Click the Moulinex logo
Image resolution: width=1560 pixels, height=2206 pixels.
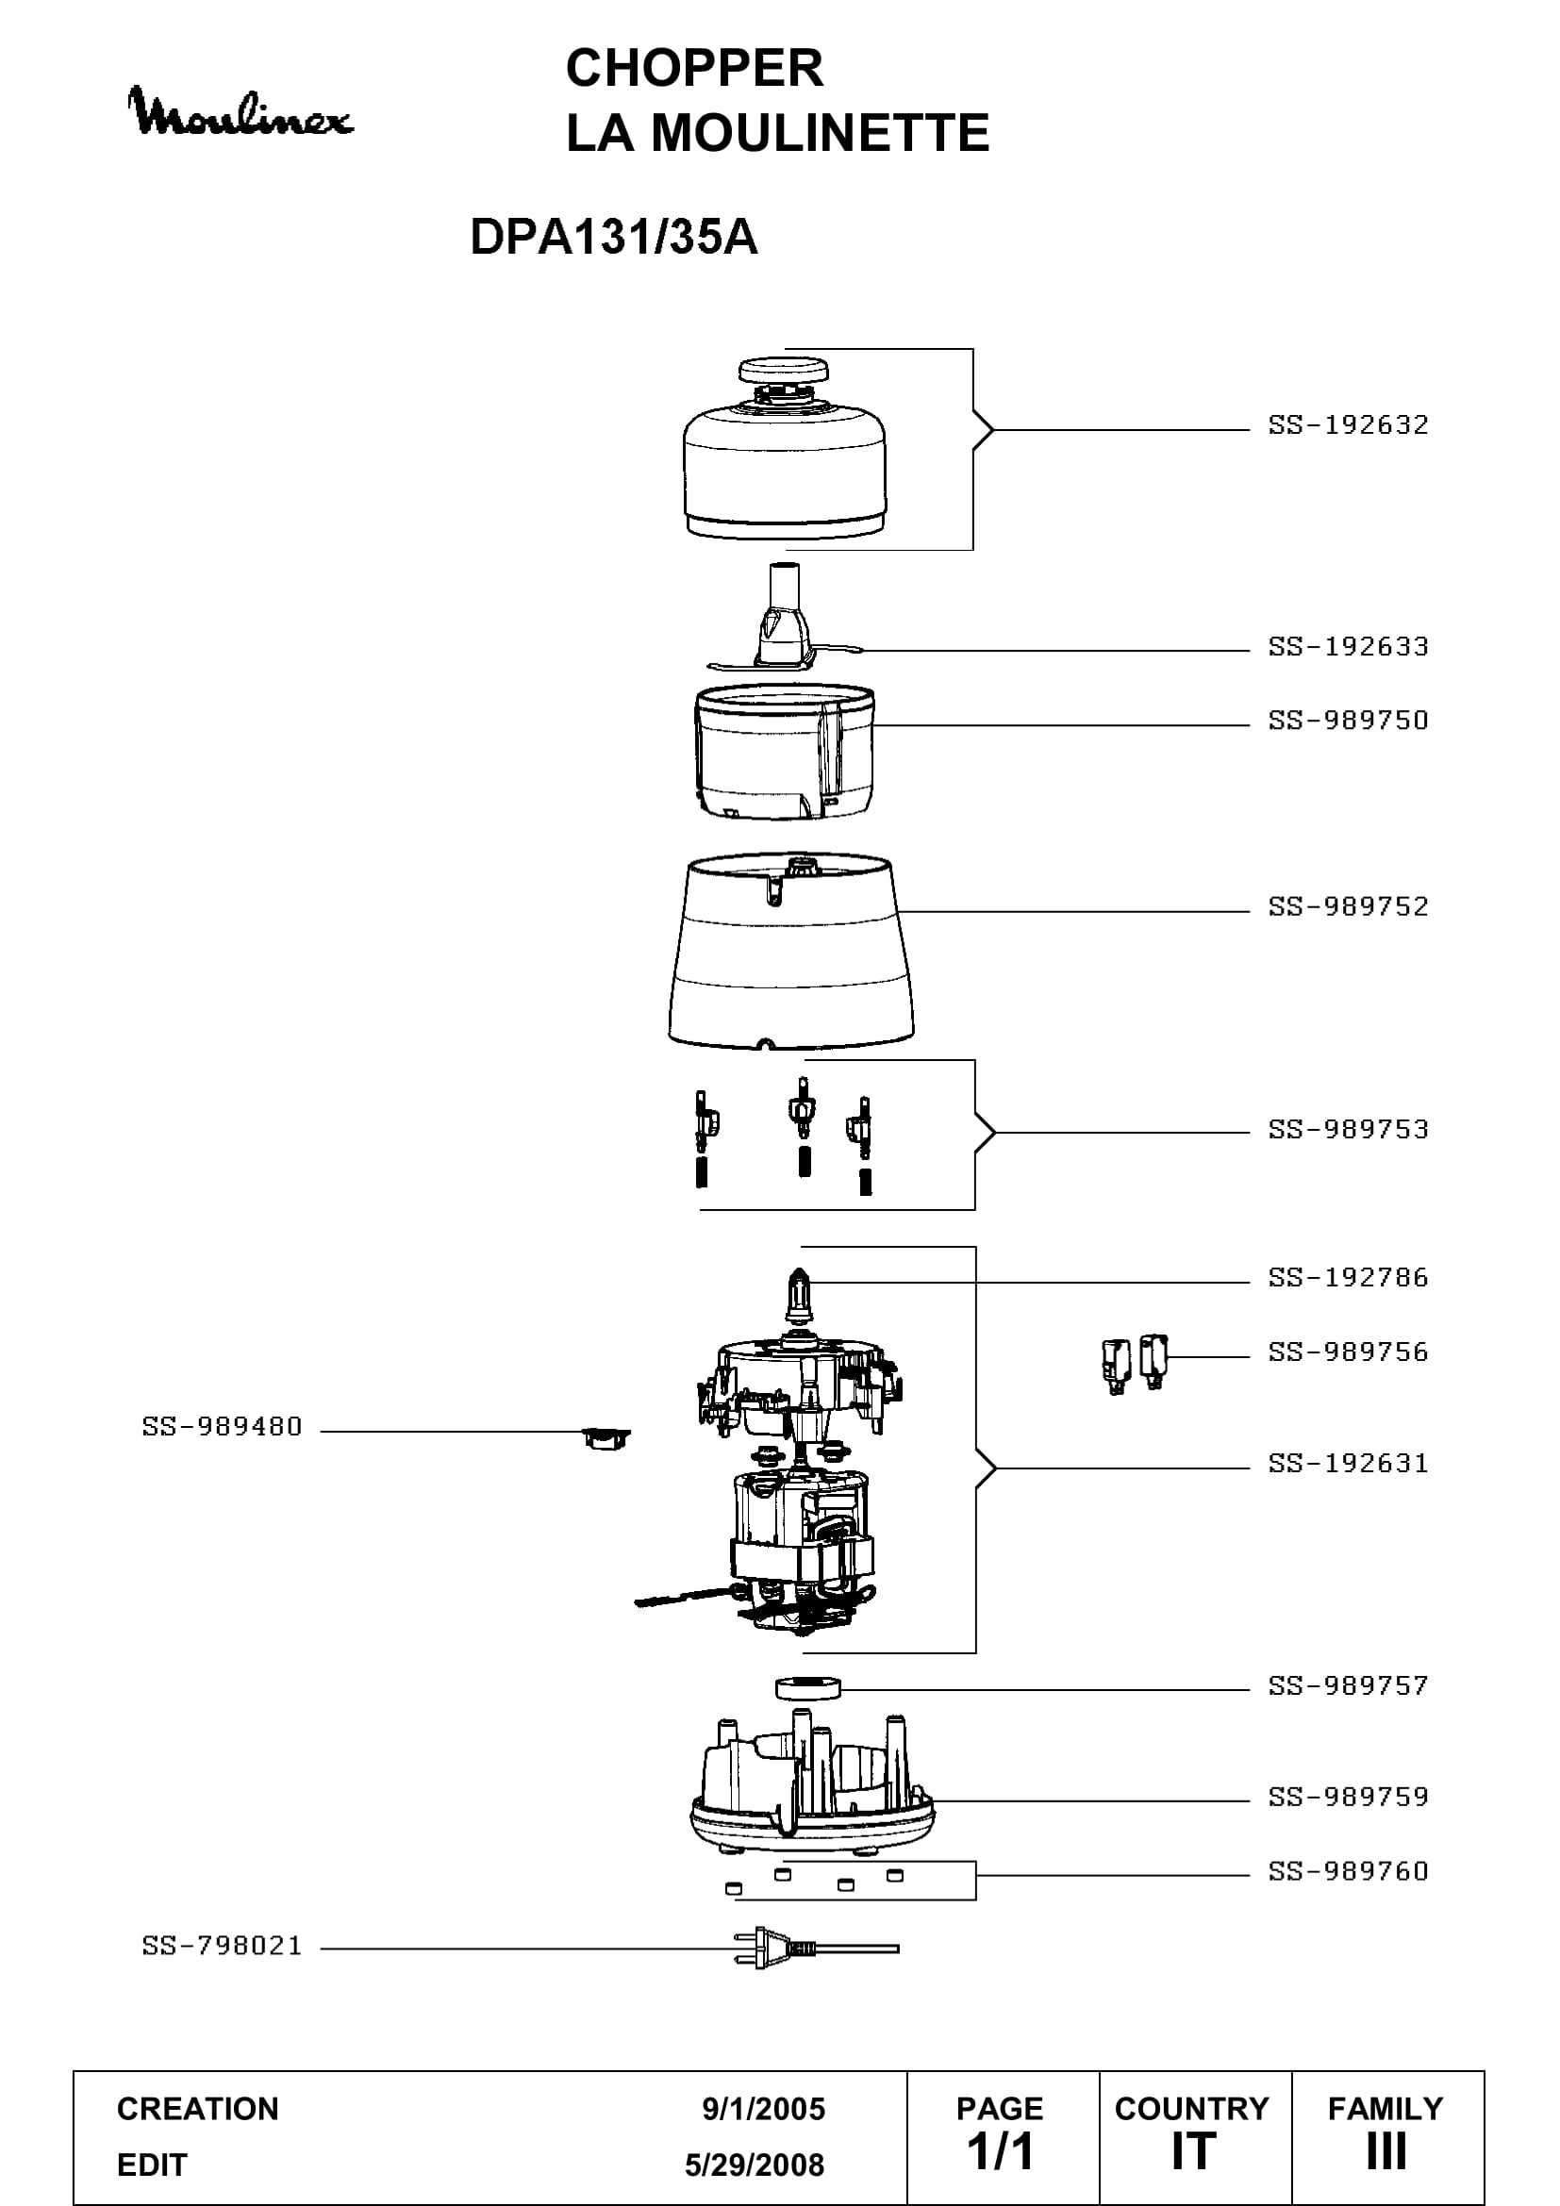(x=241, y=112)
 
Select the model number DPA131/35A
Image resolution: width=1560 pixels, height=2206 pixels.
(x=614, y=237)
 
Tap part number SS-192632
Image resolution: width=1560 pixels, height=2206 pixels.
(x=1348, y=424)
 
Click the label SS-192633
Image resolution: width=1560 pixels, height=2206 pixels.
(x=1348, y=646)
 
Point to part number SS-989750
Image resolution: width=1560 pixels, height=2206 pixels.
(x=1348, y=720)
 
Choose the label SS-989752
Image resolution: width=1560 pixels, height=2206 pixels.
(x=1348, y=906)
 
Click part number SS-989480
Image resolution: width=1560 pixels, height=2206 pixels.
(x=222, y=1427)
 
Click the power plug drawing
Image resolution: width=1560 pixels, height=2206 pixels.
(x=817, y=1948)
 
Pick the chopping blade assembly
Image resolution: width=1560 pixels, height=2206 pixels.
(x=785, y=616)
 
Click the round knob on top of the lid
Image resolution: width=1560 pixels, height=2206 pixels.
(x=784, y=370)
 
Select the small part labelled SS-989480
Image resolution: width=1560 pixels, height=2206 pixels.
(x=606, y=1438)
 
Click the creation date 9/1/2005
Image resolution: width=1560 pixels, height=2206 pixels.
(x=764, y=2108)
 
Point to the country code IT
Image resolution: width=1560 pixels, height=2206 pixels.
(x=1193, y=2152)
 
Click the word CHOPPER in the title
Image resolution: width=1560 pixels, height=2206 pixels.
(x=694, y=68)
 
